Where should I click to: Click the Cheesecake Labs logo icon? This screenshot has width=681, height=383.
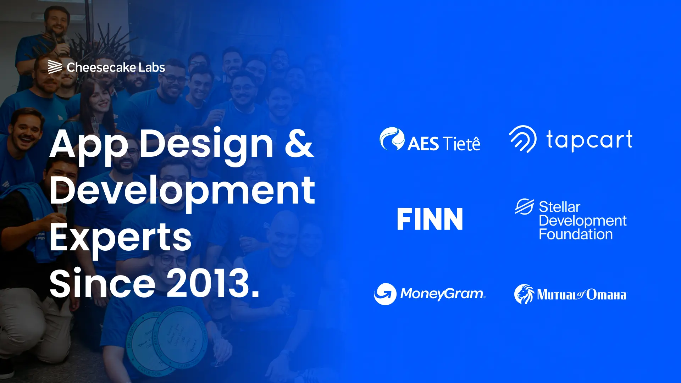pos(55,67)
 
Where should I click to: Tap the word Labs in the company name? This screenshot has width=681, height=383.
pos(152,67)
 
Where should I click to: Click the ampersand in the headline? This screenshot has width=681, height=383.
pos(299,144)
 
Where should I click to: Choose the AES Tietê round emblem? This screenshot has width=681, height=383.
pos(392,138)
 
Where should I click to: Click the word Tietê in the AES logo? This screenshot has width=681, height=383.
pos(462,144)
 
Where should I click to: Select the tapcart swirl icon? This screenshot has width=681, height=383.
pos(523,139)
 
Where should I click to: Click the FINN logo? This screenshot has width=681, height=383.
pos(430,219)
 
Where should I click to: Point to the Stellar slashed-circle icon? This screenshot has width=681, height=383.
pos(525,206)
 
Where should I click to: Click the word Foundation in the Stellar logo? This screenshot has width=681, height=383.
pos(576,234)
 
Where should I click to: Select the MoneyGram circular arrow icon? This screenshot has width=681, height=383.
pos(385,294)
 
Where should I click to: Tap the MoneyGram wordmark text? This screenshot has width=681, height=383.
pos(443,294)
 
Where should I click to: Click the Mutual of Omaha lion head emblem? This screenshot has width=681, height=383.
pos(524,294)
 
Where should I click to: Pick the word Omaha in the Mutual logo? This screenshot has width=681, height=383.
pos(606,295)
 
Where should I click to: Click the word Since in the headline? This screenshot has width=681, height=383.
pos(103,283)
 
